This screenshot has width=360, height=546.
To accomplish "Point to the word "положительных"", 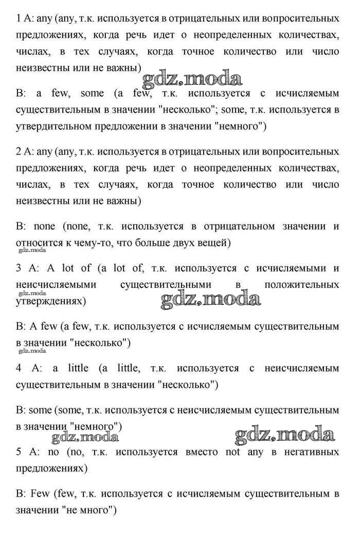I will pyautogui.click(x=302, y=285).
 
